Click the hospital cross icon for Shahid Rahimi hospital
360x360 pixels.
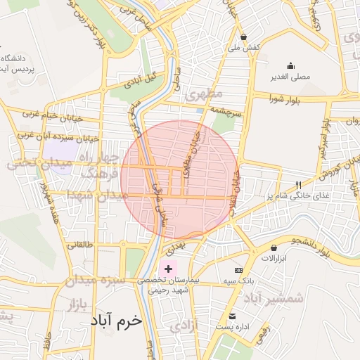click(x=168, y=269)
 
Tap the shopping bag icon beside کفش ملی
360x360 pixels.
click(x=243, y=37)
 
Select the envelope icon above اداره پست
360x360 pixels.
click(x=232, y=316)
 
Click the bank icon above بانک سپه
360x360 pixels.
click(x=238, y=271)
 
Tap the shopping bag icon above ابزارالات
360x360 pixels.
click(x=274, y=247)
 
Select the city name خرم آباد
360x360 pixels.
click(x=116, y=320)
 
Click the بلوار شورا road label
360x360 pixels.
click(x=283, y=100)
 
